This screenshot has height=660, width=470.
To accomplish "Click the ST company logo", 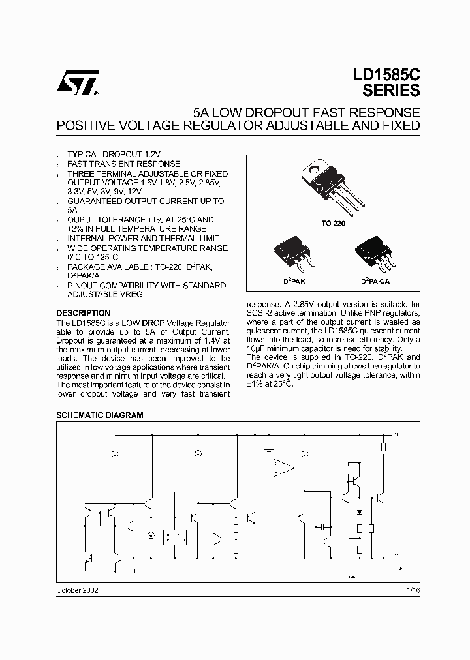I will coord(77,83).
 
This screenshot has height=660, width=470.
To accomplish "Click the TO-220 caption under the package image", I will coord(333,223).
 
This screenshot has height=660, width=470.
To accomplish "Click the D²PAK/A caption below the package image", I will coord(375,281).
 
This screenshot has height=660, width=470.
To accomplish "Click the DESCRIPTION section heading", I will coord(83,313).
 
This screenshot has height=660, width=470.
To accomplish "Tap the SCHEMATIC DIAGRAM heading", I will coord(99,415).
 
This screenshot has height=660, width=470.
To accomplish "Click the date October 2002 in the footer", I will coord(77,589).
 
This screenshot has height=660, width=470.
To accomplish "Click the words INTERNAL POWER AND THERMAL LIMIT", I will coord(144,239).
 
